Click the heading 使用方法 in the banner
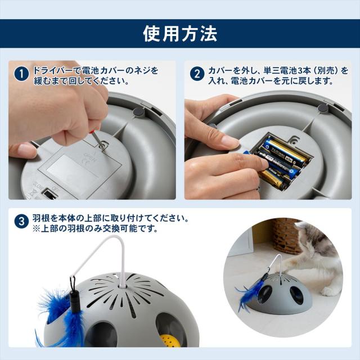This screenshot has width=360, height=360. [x=180, y=33]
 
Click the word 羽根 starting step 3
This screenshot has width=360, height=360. [x=41, y=217]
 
